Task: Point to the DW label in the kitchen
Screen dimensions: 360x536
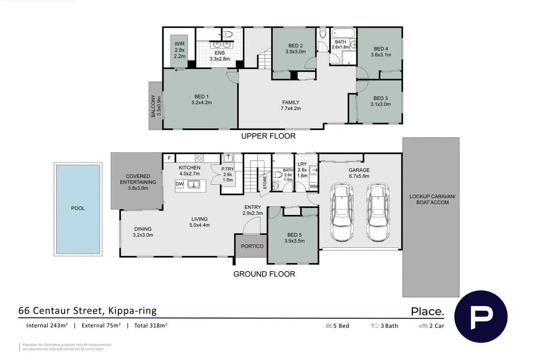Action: [180, 184]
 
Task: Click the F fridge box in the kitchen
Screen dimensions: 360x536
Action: [169, 158]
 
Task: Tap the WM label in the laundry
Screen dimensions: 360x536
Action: [313, 186]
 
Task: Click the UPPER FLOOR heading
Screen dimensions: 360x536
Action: [268, 136]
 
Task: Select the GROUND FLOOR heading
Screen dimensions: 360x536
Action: [264, 274]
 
